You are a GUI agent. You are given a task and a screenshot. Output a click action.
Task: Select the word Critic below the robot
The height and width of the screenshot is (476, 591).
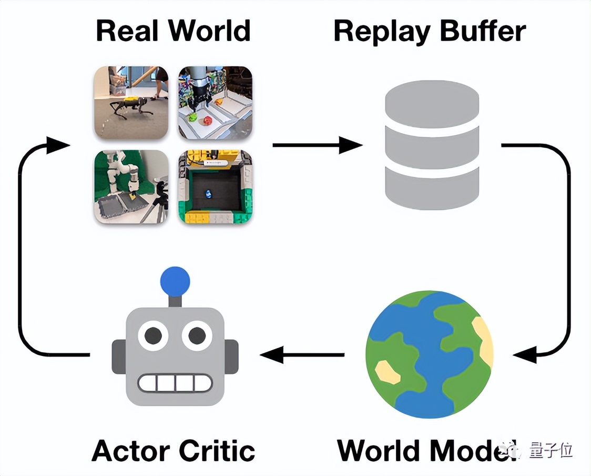217,451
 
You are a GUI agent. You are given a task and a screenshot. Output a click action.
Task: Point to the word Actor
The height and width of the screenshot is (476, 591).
131,451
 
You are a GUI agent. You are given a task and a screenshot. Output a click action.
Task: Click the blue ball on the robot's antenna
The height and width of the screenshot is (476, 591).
175,281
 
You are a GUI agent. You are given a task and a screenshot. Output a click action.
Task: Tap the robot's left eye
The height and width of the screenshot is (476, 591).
153,335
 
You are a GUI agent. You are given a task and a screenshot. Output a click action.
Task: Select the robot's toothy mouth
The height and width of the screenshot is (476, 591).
175,382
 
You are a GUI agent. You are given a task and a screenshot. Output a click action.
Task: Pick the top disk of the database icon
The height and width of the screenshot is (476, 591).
432,103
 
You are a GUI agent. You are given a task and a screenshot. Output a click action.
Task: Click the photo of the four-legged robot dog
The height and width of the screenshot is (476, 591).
131,103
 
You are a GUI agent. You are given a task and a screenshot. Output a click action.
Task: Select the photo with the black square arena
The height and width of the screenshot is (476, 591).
215,187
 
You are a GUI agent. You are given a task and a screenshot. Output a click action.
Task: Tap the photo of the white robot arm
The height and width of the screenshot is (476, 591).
131,187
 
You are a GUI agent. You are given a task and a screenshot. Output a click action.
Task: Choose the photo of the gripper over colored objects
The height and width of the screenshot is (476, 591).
215,103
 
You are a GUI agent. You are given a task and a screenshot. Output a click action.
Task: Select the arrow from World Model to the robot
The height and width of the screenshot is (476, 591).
302,355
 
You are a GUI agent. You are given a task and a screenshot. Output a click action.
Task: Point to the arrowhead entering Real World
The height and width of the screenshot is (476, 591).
57,145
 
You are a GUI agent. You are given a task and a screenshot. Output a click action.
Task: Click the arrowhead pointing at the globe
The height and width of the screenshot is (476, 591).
526,355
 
